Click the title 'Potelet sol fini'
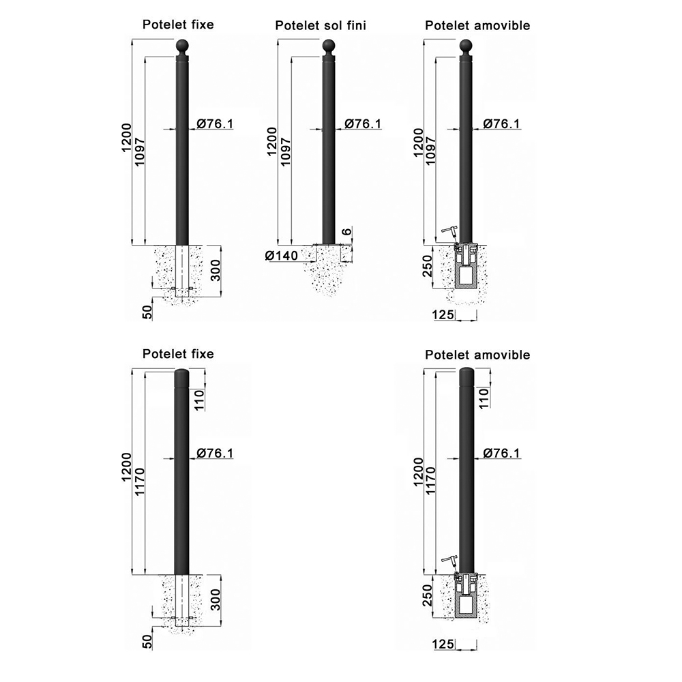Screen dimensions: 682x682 (321, 26)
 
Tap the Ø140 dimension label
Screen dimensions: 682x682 (282, 256)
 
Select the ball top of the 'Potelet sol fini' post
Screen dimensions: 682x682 (329, 46)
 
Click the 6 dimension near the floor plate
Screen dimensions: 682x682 (346, 231)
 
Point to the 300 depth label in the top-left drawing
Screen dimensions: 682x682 (216, 269)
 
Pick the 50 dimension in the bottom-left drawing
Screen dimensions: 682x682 (148, 641)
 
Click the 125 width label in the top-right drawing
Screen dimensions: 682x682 (443, 314)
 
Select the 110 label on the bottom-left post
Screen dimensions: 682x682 (198, 400)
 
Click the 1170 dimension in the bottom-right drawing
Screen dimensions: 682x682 (430, 481)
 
